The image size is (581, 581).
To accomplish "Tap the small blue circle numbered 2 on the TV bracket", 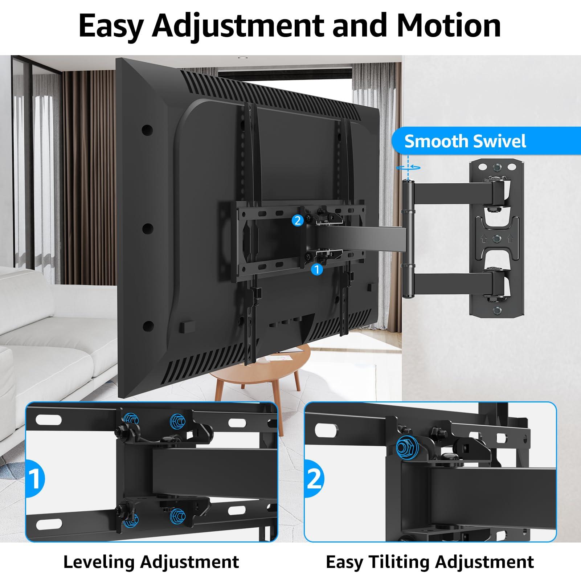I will [x=298, y=220].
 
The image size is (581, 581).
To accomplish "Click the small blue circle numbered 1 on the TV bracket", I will [x=317, y=269].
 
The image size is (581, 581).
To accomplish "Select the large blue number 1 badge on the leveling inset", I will [x=36, y=479].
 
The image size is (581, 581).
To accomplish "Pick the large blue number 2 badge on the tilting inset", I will [x=314, y=479].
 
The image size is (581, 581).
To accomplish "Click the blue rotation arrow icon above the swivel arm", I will [x=409, y=167].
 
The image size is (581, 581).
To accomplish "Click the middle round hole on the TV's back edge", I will [x=147, y=228].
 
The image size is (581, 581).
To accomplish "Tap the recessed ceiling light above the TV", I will [x=241, y=58].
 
